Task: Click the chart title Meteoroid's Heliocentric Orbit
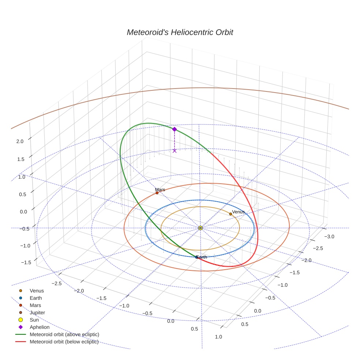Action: [x=180, y=33]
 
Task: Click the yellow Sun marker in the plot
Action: [x=200, y=228]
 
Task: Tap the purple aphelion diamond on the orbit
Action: [x=175, y=129]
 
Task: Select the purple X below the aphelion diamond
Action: [x=175, y=150]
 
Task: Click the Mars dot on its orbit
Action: [x=157, y=193]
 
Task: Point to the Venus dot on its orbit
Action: [x=230, y=214]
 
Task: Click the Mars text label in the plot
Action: [x=160, y=190]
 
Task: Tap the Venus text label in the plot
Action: [x=238, y=212]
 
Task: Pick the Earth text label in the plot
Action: [x=202, y=257]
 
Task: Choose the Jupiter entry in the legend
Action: [x=37, y=312]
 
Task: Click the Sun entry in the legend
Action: [x=34, y=320]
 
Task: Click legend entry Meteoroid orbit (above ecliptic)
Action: [x=64, y=334]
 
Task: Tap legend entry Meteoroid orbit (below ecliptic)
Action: [x=64, y=342]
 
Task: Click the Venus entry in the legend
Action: [x=37, y=290]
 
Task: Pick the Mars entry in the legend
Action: [x=35, y=305]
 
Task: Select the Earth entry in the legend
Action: [x=35, y=298]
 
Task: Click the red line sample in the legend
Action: [x=20, y=342]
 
